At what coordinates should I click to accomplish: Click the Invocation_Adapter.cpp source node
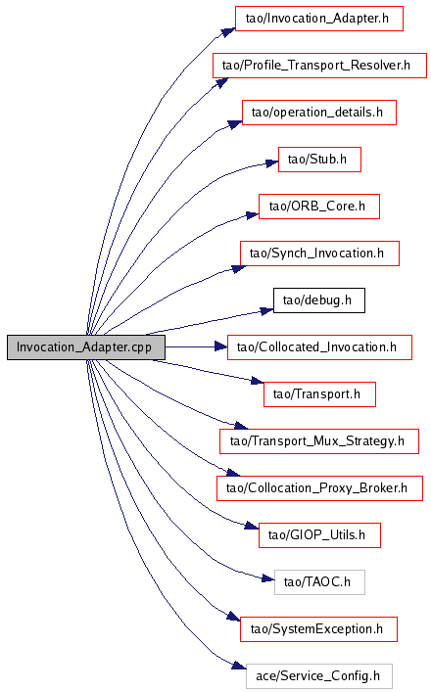[x=86, y=347]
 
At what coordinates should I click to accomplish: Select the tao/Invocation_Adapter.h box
[x=318, y=19]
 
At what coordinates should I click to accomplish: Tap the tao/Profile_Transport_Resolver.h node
[x=319, y=66]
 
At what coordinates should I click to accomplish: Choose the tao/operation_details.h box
[x=318, y=113]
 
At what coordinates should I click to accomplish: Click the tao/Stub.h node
[x=319, y=160]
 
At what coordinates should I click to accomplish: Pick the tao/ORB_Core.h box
[x=318, y=207]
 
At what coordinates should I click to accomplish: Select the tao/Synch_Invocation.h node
[x=319, y=254]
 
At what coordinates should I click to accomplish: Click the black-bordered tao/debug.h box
[x=318, y=300]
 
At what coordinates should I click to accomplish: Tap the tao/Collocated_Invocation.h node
[x=319, y=347]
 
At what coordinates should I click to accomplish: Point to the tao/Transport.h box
[x=319, y=394]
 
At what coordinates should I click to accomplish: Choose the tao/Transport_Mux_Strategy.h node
[x=318, y=441]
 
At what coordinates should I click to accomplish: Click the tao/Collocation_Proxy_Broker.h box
[x=319, y=488]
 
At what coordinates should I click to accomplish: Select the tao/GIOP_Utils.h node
[x=319, y=535]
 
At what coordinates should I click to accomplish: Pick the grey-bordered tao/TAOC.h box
[x=319, y=582]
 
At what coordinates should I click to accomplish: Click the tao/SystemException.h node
[x=318, y=629]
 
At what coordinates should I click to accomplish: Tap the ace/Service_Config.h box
[x=318, y=676]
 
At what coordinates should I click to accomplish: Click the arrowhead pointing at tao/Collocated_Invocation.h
[x=220, y=347]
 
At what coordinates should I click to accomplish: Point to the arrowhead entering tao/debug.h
[x=266, y=311]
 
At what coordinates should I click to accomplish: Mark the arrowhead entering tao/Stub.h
[x=271, y=164]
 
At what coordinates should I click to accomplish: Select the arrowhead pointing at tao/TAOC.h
[x=268, y=578]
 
